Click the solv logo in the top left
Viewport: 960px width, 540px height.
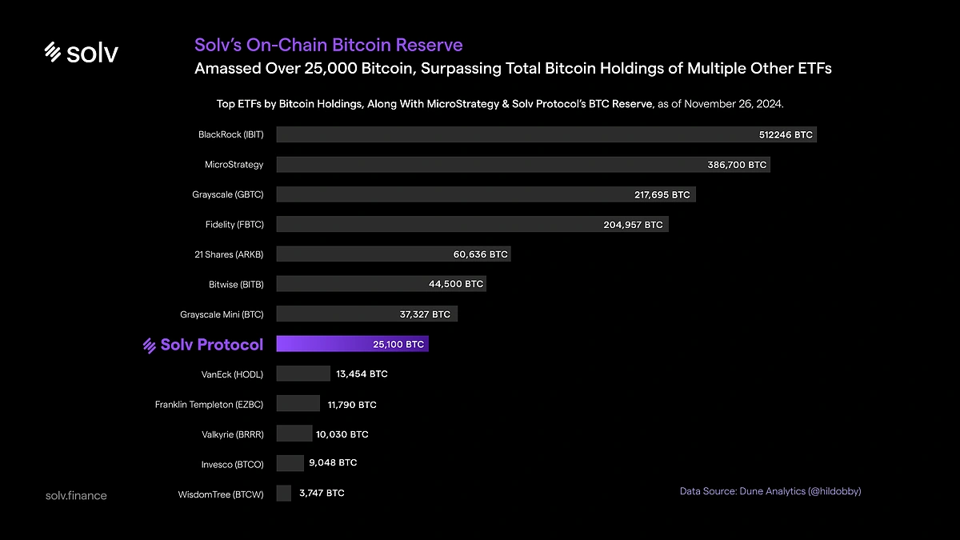coord(81,53)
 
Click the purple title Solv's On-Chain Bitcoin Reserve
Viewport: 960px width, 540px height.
coord(328,45)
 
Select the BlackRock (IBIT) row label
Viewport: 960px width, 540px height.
coord(230,134)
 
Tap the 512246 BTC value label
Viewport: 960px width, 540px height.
coord(786,134)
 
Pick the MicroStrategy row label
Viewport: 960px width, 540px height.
coord(234,165)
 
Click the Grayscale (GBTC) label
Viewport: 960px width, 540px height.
coord(227,194)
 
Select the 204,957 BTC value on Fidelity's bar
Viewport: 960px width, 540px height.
coord(633,225)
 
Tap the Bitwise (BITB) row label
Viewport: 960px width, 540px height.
coord(235,284)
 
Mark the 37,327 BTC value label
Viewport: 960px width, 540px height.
coord(424,314)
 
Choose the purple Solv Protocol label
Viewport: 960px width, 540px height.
coord(203,345)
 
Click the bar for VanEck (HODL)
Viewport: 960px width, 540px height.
coord(302,374)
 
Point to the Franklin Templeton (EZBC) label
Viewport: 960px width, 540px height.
coord(209,404)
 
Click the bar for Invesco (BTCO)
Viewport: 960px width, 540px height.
coord(290,463)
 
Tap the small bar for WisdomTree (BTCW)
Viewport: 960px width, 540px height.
coord(283,494)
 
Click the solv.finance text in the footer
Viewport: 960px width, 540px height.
coord(76,495)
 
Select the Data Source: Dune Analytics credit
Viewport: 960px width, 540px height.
coord(770,491)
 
